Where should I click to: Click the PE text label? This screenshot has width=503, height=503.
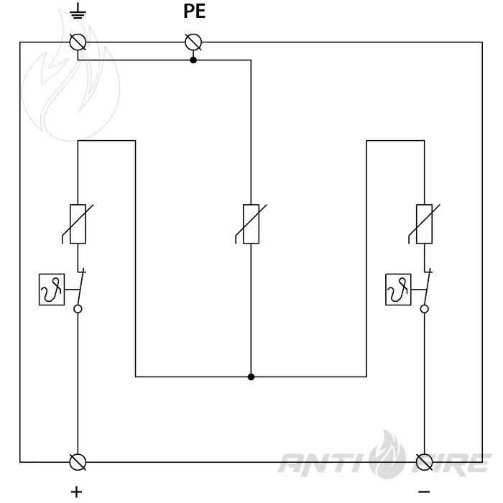point(194,11)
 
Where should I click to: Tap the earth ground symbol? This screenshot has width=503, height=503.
point(78,12)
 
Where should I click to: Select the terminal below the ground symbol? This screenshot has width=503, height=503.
point(78,42)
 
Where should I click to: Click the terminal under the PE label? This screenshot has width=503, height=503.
point(193,42)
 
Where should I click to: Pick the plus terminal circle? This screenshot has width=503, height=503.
point(78,462)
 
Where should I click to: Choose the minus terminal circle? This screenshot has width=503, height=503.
point(424,462)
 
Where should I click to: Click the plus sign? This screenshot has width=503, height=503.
point(76,492)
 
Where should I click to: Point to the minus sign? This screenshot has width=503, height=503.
point(424,492)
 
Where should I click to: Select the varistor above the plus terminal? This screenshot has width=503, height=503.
point(78,224)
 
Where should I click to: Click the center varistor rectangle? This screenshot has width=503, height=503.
point(251,224)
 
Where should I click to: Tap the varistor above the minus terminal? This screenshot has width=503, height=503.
point(424,224)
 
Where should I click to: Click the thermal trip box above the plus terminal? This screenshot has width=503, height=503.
point(52,290)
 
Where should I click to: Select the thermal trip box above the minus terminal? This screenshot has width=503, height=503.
point(398,290)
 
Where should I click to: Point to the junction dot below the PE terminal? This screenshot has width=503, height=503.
point(193,60)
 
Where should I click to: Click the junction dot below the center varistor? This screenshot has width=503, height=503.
point(251,377)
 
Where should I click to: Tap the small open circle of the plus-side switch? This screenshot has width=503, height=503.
point(78,309)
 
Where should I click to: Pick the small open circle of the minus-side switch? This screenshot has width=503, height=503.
point(424,309)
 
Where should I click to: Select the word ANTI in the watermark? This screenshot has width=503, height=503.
point(324,463)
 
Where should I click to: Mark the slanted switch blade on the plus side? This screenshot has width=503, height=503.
point(81,287)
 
